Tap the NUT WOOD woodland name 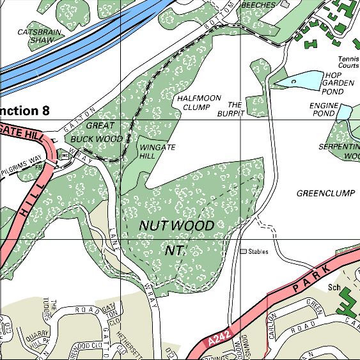pos(176,226)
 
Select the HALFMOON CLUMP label pos(199,103)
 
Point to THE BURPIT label pos(235,108)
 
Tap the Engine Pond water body pos(345,112)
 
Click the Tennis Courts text pos(348,62)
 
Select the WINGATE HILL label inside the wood pos(157,151)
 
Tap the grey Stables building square pos(244,251)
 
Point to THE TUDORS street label pos(50,313)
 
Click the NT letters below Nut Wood pos(175,251)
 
